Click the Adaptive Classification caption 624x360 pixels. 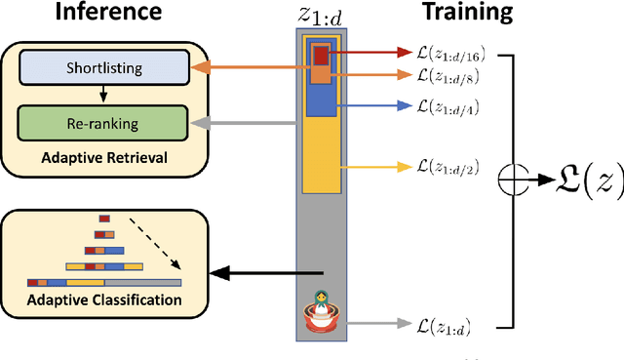[x=104, y=299]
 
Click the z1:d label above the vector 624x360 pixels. [x=321, y=14]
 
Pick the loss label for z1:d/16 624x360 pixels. [x=455, y=51]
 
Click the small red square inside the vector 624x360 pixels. [x=320, y=54]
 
